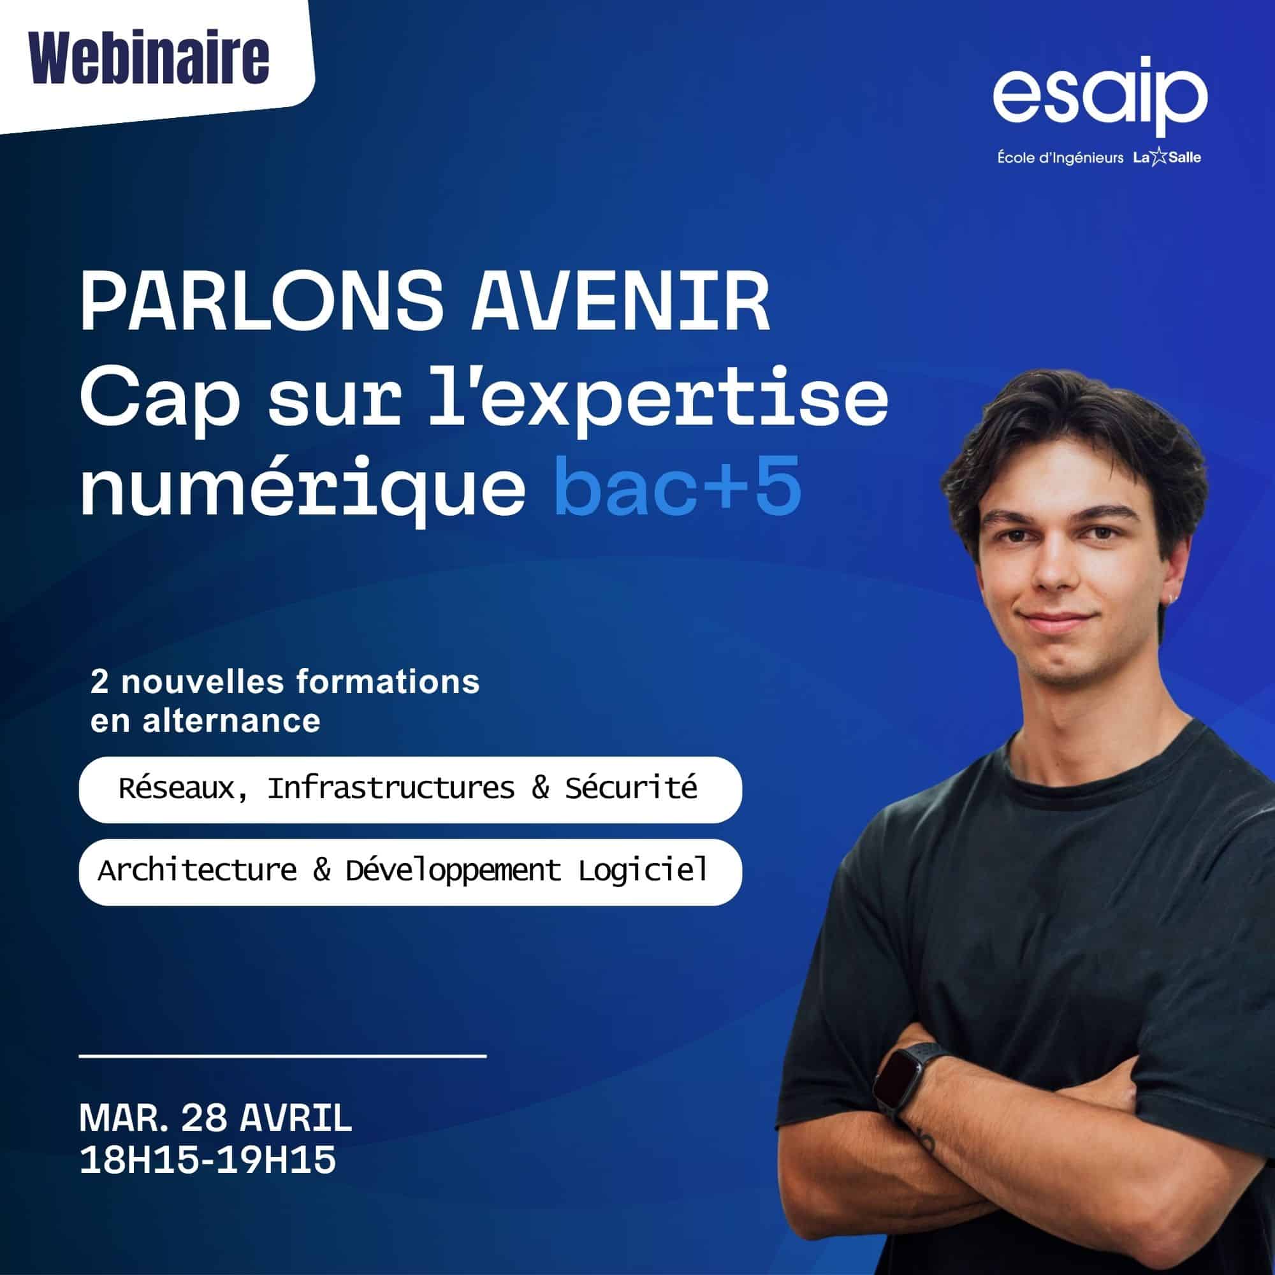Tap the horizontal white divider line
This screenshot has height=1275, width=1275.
pos(282,1056)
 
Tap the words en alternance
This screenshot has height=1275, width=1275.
pos(205,720)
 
